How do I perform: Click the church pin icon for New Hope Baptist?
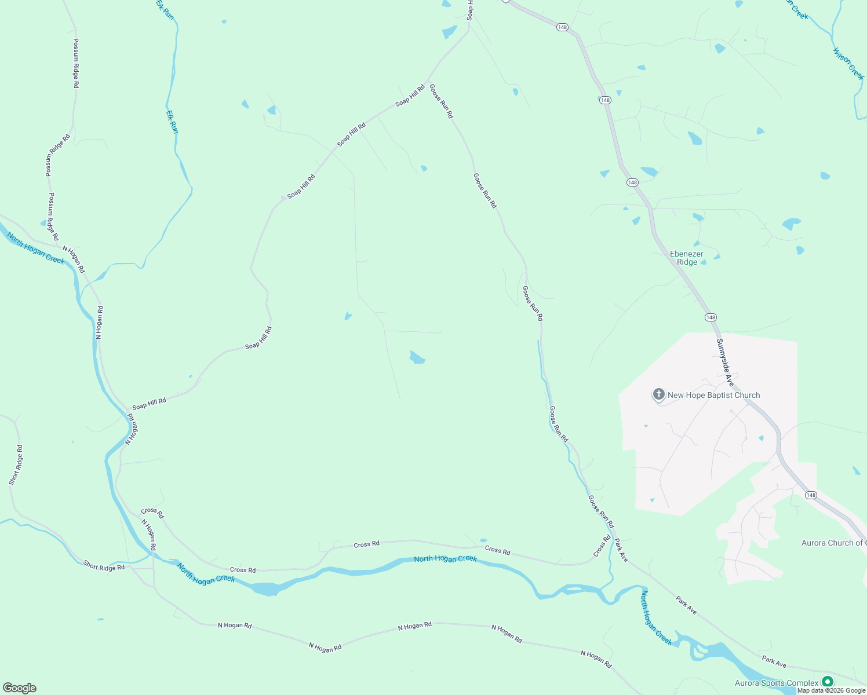[x=658, y=395]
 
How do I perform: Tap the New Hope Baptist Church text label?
[x=713, y=396]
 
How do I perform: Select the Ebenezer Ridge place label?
[x=687, y=258]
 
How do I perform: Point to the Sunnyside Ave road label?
[x=725, y=363]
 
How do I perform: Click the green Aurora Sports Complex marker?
[x=828, y=682]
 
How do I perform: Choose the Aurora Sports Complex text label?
[x=777, y=683]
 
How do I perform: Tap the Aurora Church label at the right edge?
[x=833, y=543]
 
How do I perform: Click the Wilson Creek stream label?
[x=848, y=64]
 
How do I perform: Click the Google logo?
[x=19, y=688]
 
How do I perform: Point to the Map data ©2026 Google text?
[x=831, y=690]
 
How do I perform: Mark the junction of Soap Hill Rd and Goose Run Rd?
[x=427, y=85]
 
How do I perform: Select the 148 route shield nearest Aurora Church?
[x=811, y=495]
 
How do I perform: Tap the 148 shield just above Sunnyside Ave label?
[x=711, y=317]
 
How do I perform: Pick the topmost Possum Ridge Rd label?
[x=76, y=64]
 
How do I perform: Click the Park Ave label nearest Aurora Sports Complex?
[x=774, y=661]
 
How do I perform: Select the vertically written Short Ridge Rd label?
[x=16, y=465]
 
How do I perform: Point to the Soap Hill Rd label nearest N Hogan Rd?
[x=149, y=403]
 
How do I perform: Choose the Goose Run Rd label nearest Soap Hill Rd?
[x=440, y=101]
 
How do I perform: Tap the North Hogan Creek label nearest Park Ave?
[x=656, y=618]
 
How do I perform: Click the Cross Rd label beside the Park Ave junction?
[x=602, y=546]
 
